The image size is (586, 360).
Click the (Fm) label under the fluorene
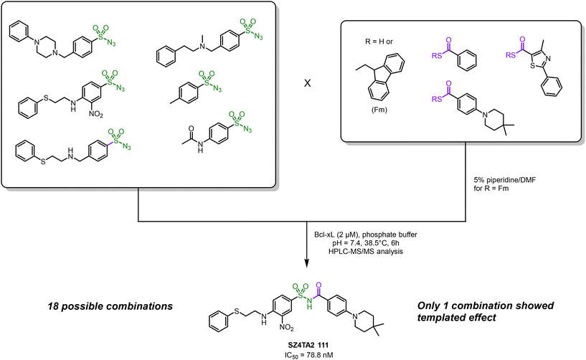tap(379, 110)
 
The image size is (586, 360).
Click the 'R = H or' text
tap(379, 42)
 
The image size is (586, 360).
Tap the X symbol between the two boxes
tap(307, 83)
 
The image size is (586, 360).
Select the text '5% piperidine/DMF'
tap(504, 180)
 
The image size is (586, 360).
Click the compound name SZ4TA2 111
tap(306, 345)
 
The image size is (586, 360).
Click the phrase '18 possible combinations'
tap(110, 306)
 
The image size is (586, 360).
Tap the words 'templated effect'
tap(457, 318)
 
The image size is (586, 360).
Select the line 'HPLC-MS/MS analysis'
tap(366, 251)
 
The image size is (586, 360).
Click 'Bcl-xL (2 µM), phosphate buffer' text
tap(366, 235)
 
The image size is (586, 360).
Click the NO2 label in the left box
tap(96, 114)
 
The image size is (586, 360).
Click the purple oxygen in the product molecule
tap(318, 286)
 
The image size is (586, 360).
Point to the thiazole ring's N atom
tap(547, 58)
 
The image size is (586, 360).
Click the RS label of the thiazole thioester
tap(511, 55)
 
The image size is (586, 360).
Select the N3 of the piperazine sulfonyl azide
tap(111, 43)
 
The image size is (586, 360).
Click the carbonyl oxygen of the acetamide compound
tap(191, 129)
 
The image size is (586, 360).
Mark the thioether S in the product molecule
tap(237, 311)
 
